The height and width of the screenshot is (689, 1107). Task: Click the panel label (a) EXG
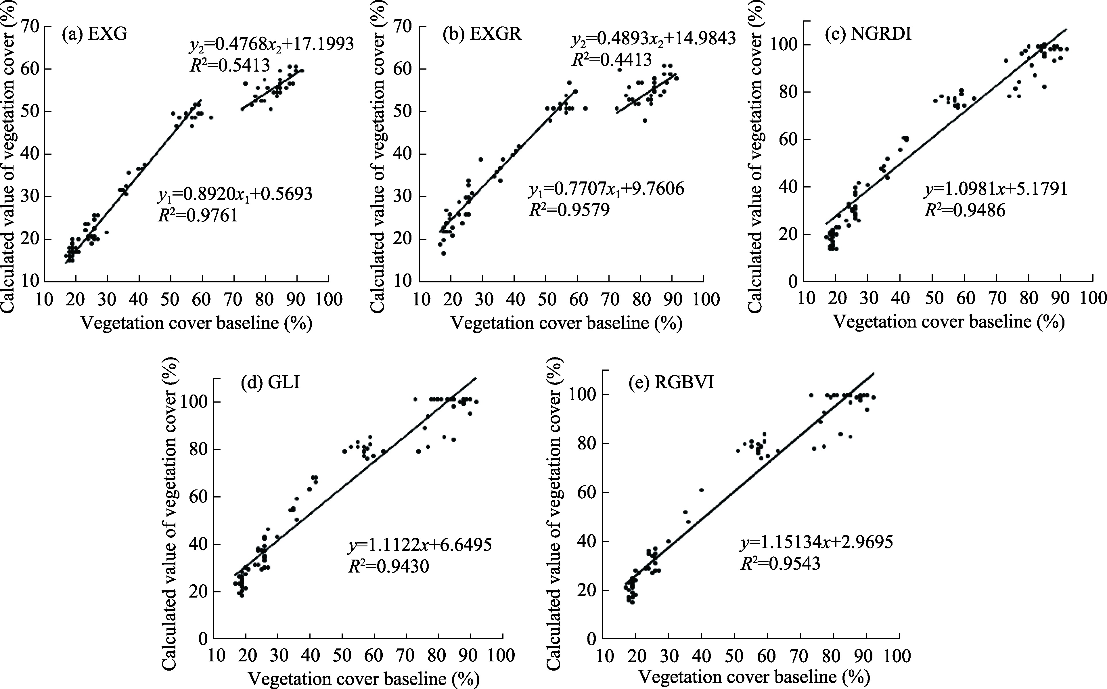pyautogui.click(x=94, y=35)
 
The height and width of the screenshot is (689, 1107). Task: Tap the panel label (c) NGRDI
pyautogui.click(x=868, y=35)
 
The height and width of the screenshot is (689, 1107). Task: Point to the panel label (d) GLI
pyautogui.click(x=270, y=383)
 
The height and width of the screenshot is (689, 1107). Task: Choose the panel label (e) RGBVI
pyautogui.click(x=671, y=383)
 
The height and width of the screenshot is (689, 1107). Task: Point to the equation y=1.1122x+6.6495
pyautogui.click(x=420, y=545)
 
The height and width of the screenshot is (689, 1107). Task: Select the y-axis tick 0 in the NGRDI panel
pyautogui.click(x=793, y=282)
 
